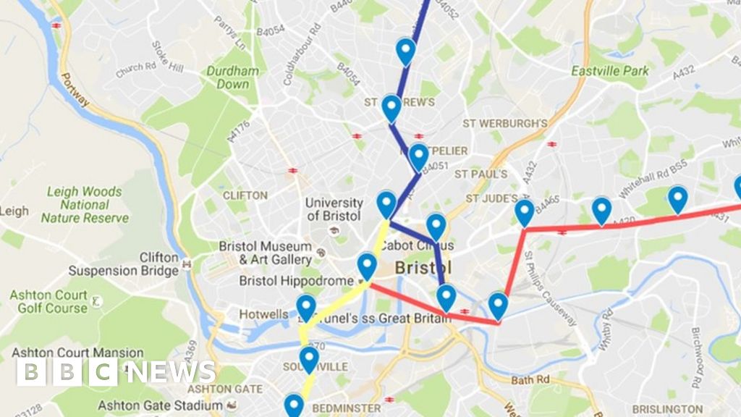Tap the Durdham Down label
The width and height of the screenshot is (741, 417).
coord(233,77)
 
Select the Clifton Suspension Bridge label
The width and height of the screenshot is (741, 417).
coord(124,264)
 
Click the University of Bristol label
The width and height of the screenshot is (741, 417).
coord(334,209)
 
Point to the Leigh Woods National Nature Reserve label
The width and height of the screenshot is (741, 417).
coord(85,204)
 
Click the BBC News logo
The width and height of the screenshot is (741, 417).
coord(116,372)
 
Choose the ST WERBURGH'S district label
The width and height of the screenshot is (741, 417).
coord(505,124)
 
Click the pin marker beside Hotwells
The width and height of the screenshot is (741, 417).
coord(306,309)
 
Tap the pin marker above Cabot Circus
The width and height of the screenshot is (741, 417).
coord(436,227)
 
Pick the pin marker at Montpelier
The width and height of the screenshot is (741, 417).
coord(418,157)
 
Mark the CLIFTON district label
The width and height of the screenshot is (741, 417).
coord(245,195)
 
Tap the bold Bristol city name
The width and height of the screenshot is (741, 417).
coord(423,269)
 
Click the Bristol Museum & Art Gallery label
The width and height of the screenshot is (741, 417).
coord(266,253)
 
